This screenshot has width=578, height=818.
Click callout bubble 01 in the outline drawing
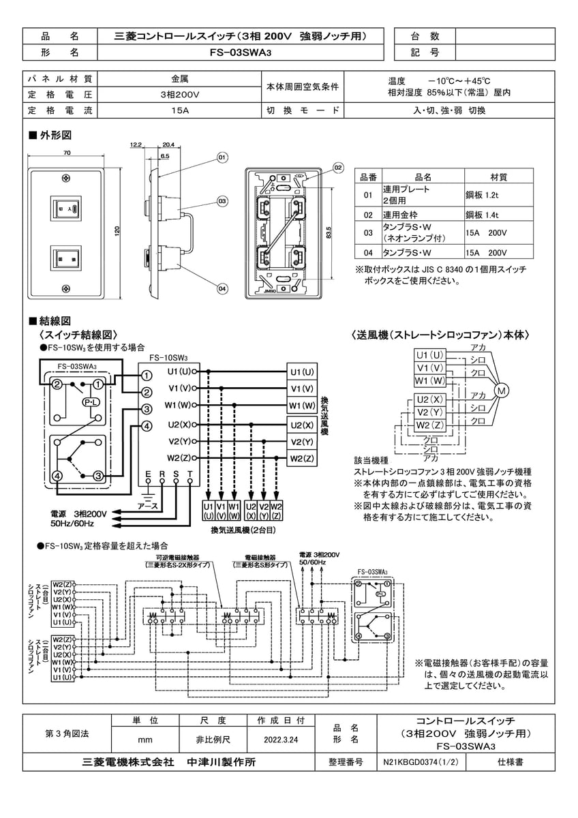(x=222, y=157)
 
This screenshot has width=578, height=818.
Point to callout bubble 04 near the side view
(x=222, y=289)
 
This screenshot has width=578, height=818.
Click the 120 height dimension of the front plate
(x=117, y=229)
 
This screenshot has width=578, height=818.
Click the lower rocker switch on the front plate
(x=65, y=260)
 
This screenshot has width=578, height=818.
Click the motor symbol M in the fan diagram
(x=502, y=391)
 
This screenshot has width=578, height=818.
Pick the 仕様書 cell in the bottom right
(x=510, y=763)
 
